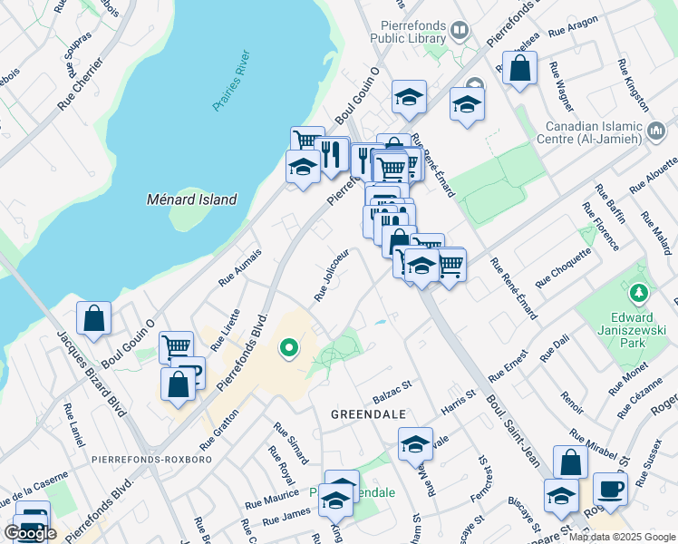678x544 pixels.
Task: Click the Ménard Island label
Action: [x=192, y=199]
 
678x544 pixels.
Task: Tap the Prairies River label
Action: [x=237, y=82]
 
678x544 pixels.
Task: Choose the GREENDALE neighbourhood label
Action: [x=368, y=413]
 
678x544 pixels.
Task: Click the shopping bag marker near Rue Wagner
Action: [x=520, y=67]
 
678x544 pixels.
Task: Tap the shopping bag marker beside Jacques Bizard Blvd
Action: [x=93, y=318]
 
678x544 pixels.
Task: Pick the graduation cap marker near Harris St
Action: [x=415, y=444]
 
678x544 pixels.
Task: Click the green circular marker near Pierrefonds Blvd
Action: [x=289, y=347]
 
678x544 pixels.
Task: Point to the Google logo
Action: [x=30, y=533]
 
